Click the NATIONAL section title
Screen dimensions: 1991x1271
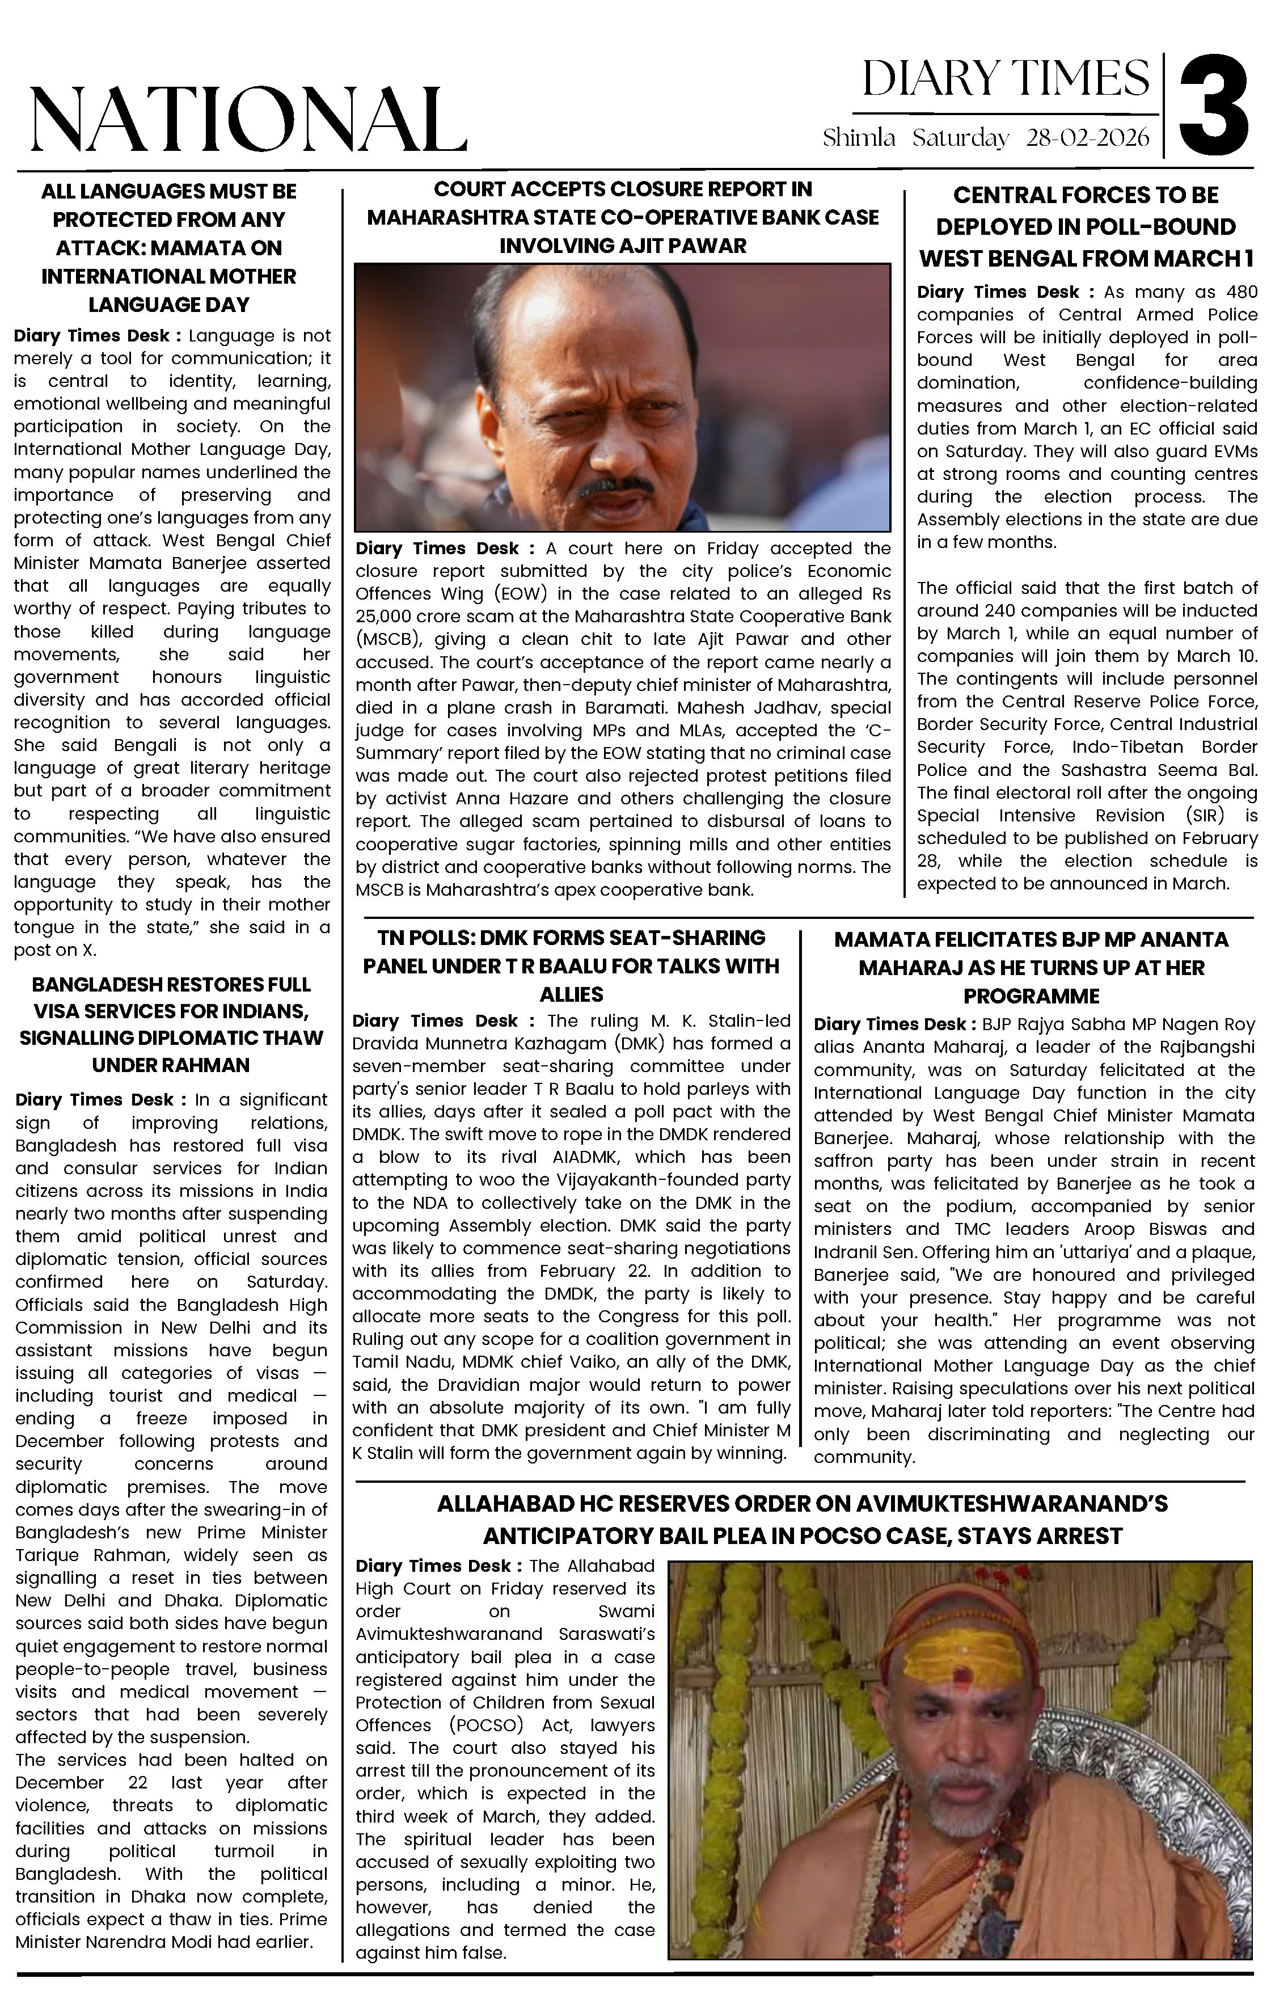248,120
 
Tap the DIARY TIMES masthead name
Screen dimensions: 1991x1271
1006,79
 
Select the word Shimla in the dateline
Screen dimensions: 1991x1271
858,137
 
